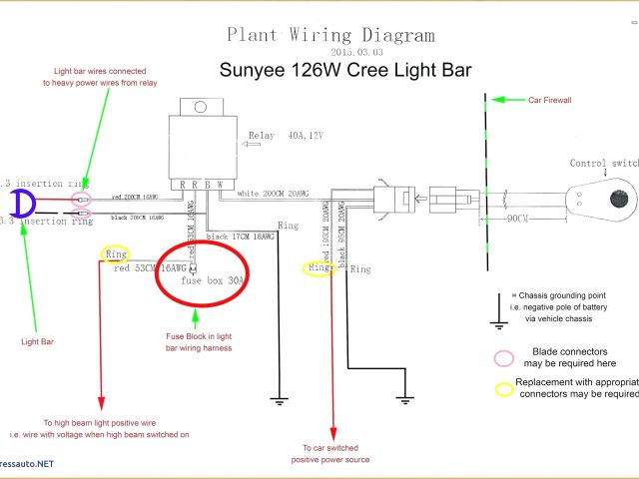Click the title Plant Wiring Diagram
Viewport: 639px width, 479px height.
tap(330, 35)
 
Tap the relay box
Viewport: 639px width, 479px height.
tap(200, 146)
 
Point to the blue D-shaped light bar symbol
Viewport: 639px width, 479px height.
tap(23, 205)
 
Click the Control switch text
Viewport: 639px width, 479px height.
tap(603, 164)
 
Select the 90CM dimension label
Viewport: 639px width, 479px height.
tap(516, 218)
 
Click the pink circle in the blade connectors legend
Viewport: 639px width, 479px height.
tap(503, 357)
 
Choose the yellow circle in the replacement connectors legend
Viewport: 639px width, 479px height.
tap(503, 389)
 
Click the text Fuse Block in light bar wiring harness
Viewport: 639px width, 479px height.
tap(199, 342)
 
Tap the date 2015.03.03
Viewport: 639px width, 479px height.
tap(355, 51)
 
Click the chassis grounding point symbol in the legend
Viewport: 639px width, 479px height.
tap(496, 311)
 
